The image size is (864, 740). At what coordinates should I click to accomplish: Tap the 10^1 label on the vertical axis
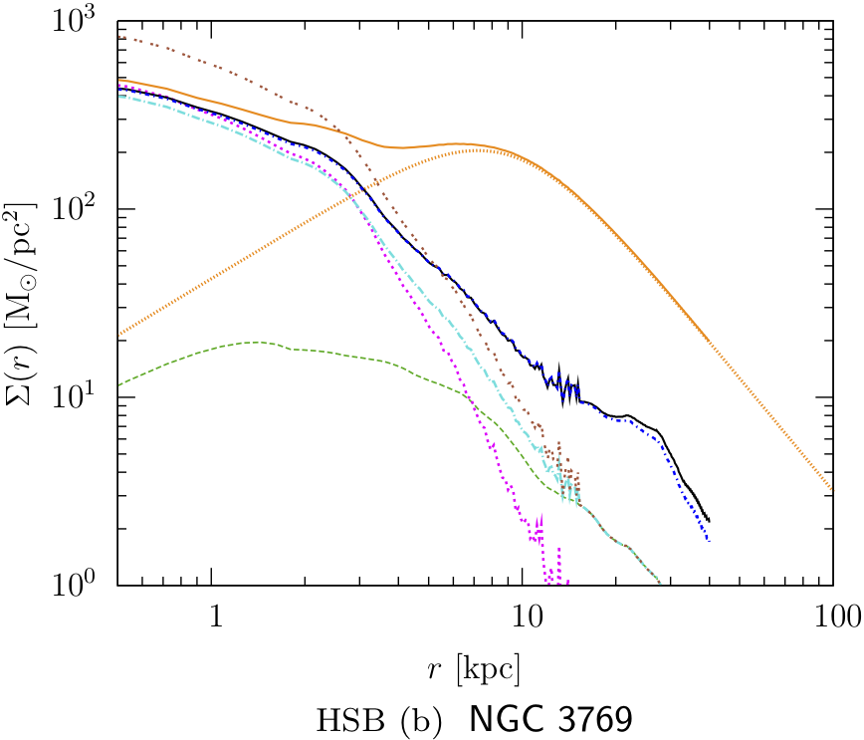85,397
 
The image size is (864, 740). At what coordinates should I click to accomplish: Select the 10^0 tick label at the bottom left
85,585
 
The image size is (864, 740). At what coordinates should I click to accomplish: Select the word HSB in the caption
343,718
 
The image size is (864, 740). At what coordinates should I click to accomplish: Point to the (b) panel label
417,718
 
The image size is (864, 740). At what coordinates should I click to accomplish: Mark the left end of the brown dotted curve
118,37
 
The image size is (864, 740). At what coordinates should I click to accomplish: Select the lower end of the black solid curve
709,520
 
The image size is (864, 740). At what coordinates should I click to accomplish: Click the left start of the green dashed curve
118,384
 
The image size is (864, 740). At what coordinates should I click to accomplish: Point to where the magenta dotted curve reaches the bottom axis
546,583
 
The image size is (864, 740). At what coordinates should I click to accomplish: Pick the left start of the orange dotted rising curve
118,335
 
